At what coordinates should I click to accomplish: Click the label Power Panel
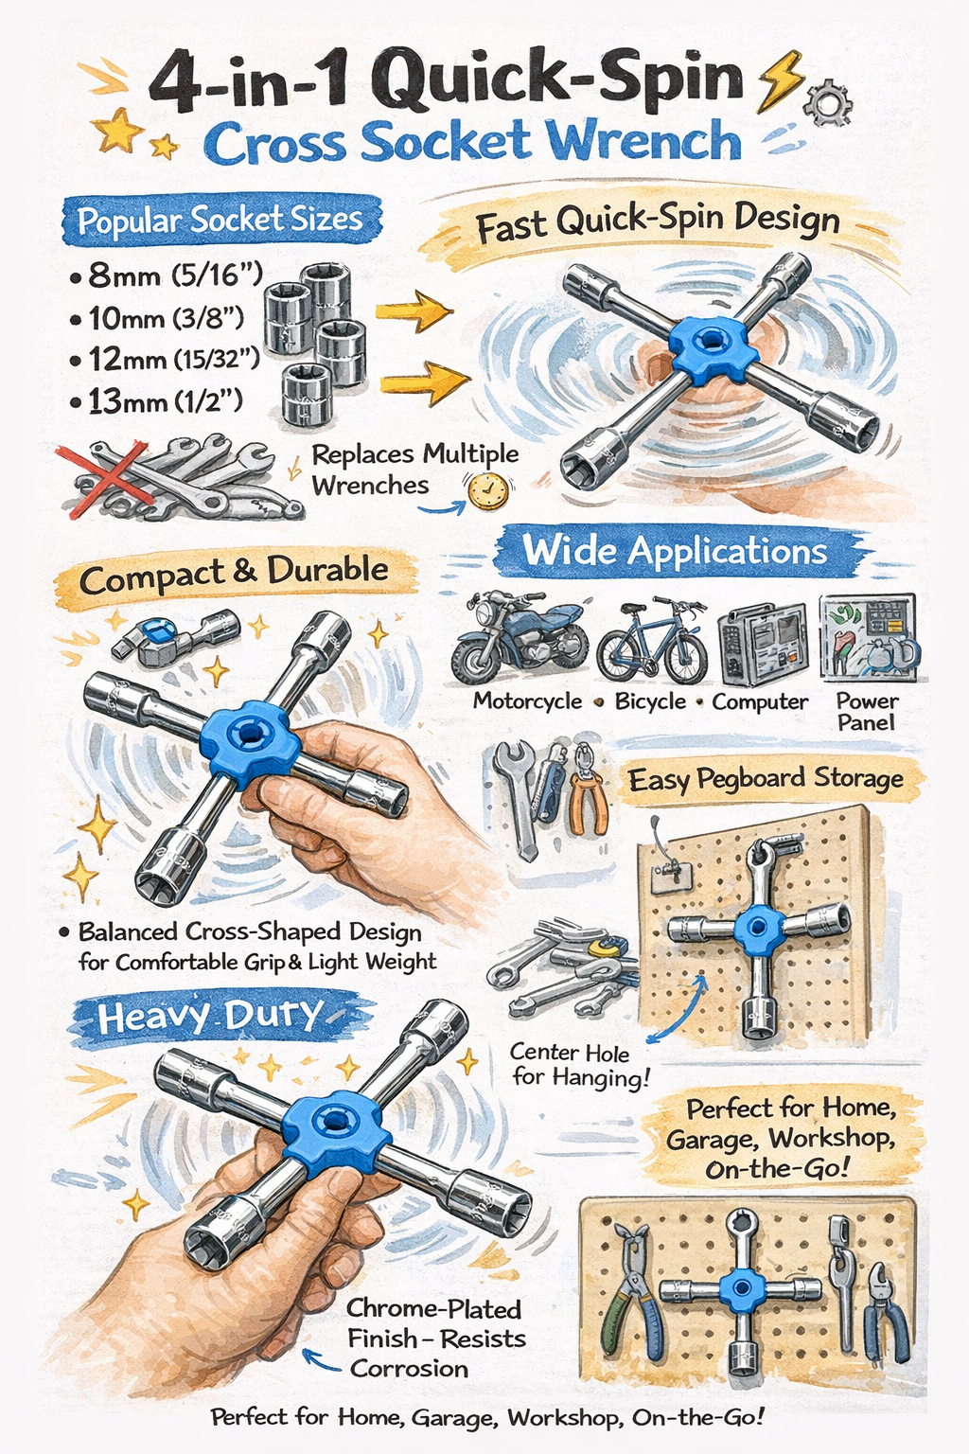click(x=867, y=712)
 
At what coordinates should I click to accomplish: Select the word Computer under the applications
click(x=760, y=701)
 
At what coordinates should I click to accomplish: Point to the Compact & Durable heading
click(x=234, y=574)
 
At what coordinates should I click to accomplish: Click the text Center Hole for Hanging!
click(x=577, y=1065)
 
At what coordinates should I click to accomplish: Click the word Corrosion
click(x=409, y=1368)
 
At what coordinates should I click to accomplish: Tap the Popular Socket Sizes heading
click(x=220, y=220)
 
